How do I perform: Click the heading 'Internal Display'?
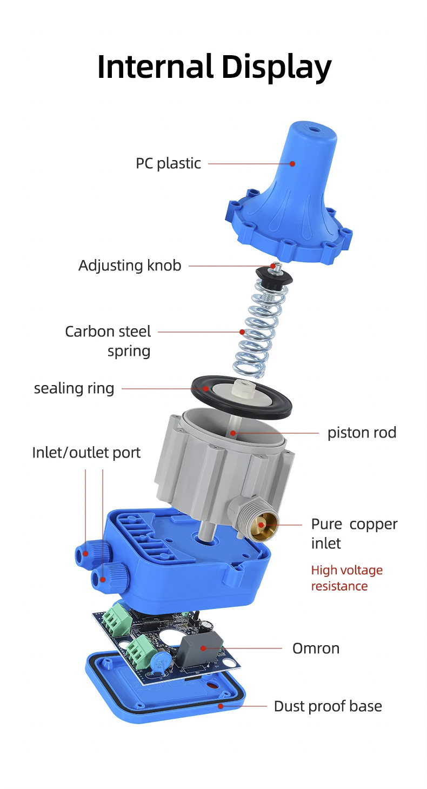click(214, 67)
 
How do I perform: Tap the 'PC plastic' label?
click(168, 163)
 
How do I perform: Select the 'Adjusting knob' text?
click(130, 266)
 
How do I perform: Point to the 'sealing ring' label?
click(74, 388)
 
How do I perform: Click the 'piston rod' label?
click(362, 433)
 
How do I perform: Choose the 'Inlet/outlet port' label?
click(86, 453)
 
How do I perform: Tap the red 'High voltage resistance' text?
click(347, 578)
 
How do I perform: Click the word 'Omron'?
click(316, 648)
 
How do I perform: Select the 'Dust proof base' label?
click(328, 706)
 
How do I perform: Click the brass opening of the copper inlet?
click(264, 526)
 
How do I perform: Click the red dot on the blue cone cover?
click(292, 163)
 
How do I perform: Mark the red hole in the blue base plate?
click(212, 686)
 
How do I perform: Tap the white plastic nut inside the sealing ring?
click(240, 387)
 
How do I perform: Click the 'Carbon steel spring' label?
click(108, 341)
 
